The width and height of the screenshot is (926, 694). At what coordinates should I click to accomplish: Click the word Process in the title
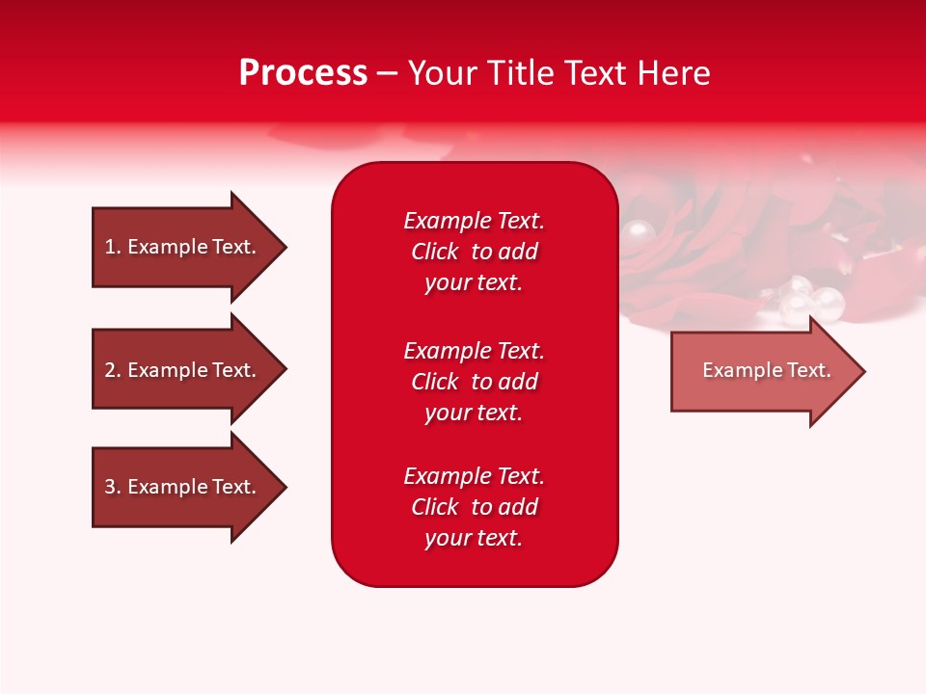click(x=303, y=73)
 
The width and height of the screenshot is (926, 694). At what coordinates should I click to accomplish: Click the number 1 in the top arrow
click(x=110, y=247)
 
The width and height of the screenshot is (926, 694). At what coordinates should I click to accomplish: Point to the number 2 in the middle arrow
click(x=110, y=370)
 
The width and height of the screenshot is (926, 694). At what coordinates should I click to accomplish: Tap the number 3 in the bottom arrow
click(x=110, y=487)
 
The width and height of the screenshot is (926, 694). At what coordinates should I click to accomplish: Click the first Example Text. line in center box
click(x=474, y=221)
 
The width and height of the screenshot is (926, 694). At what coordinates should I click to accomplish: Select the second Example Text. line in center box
click(x=474, y=350)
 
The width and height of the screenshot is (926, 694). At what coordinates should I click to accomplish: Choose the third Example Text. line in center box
click(x=474, y=476)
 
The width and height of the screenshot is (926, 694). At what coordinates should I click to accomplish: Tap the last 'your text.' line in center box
click(x=474, y=538)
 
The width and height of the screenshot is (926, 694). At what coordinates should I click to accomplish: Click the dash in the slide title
click(x=387, y=74)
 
